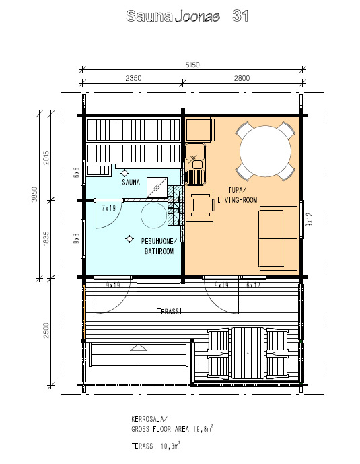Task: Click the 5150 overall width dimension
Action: pos(192,65)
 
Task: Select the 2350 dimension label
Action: pos(134,78)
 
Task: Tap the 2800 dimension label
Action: pos(242,78)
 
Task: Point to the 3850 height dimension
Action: pos(34,195)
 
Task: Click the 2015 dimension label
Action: pos(46,158)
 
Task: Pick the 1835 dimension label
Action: pos(46,238)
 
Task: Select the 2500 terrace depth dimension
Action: pos(46,331)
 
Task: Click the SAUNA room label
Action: pos(131,182)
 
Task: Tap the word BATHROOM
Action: pos(159,251)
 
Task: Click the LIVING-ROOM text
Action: pos(238,200)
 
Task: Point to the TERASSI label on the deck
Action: pos(170,311)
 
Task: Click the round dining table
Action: pos(265,152)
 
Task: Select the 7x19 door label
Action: pos(109,208)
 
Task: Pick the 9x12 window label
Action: pos(309,220)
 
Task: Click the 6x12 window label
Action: pos(253,285)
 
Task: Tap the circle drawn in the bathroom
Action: pos(153,216)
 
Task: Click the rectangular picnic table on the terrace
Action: pos(248,353)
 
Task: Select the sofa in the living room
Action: pos(278,238)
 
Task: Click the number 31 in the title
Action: pos(240,16)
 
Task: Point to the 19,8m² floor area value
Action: pos(203,429)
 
